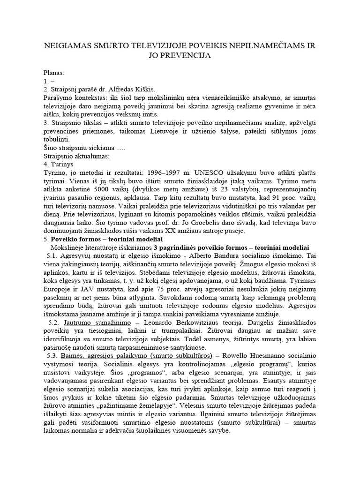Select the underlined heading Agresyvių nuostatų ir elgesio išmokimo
click(120, 256)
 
